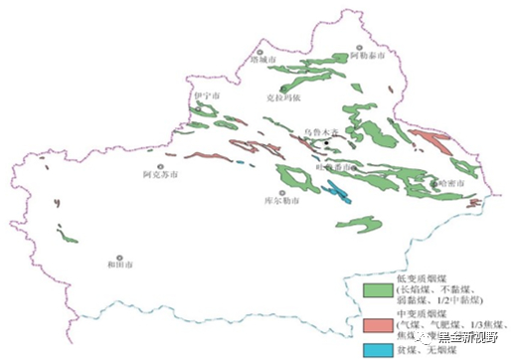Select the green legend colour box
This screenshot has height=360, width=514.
point(373,288)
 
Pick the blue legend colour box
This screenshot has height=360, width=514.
point(373,350)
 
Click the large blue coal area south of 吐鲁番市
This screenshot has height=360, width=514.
point(339,189)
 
